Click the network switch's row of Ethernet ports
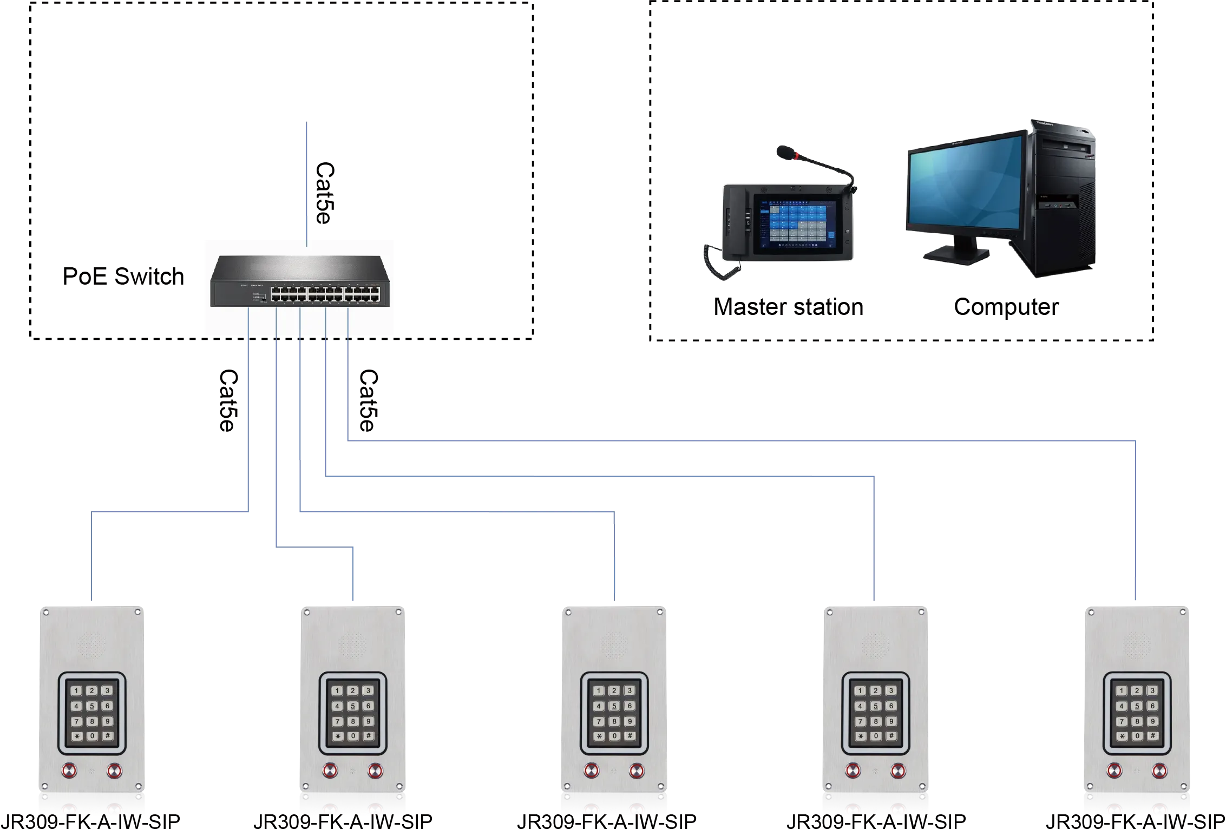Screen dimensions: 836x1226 324,294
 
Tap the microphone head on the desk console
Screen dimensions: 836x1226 784,152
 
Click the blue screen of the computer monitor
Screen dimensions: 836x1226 966,184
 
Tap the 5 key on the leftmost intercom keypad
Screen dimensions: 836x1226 92,706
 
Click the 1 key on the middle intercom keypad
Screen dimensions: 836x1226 599,691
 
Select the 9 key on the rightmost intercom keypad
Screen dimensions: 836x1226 1152,721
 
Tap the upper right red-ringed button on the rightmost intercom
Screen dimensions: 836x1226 1159,770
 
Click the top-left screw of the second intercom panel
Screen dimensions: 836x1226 307,613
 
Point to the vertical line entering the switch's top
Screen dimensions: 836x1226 307,184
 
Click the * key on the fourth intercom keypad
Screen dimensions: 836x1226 861,736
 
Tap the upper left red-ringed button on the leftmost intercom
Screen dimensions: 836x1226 70,770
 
